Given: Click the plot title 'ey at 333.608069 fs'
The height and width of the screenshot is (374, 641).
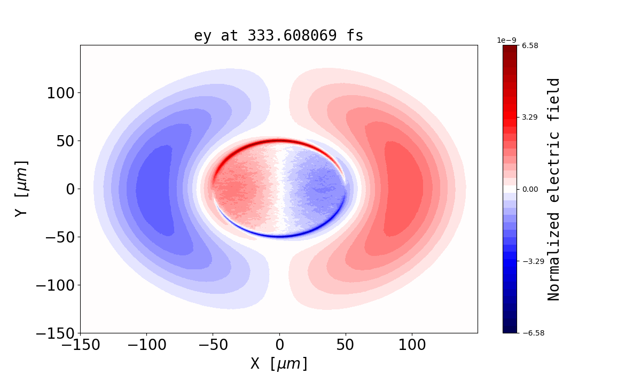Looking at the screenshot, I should [x=278, y=36].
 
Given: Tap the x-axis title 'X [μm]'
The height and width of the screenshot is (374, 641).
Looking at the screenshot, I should [x=279, y=363].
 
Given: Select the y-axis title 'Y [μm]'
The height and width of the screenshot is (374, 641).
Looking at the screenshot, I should [x=21, y=188].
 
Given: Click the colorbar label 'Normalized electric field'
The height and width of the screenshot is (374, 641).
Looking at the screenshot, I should [x=554, y=189].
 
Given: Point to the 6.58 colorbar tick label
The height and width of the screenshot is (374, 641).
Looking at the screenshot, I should [x=530, y=46].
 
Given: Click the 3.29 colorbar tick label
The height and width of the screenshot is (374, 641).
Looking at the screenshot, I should [x=530, y=117].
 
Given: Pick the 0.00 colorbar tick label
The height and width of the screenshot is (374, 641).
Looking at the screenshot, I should [x=530, y=189].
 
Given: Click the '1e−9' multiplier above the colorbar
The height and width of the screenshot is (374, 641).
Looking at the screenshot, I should [x=507, y=40].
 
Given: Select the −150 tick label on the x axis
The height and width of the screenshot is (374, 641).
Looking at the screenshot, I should [x=80, y=345].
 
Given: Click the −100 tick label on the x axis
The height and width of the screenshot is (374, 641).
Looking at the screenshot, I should [x=146, y=345].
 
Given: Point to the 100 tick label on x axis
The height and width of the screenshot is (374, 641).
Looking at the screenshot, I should [x=412, y=345].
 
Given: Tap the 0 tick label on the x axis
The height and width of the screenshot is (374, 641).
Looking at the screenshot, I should [x=279, y=345].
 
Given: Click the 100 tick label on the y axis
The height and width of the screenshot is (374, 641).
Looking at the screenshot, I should [x=63, y=93].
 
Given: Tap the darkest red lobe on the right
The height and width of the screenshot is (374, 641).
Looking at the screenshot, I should [x=404, y=188].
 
